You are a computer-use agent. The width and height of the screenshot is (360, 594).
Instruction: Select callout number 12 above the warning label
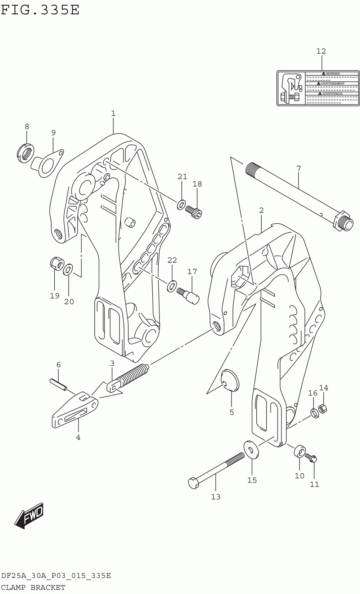click(x=321, y=51)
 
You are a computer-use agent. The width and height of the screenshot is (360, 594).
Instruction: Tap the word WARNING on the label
click(x=332, y=73)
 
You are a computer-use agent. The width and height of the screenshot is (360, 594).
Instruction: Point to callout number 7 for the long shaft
click(x=298, y=168)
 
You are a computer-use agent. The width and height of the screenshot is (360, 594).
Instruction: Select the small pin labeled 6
click(x=58, y=384)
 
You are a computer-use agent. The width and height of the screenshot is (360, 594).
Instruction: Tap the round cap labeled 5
click(x=230, y=380)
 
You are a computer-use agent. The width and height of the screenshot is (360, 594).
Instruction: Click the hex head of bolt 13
click(x=193, y=482)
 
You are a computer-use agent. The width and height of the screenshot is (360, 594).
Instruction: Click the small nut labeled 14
click(x=323, y=408)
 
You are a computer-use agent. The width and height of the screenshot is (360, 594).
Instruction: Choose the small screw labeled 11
click(x=311, y=458)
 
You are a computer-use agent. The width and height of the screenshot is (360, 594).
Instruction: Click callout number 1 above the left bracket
click(x=113, y=113)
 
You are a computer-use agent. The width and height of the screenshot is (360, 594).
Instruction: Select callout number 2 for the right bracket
click(x=261, y=210)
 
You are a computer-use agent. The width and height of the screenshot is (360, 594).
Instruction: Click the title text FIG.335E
click(x=40, y=10)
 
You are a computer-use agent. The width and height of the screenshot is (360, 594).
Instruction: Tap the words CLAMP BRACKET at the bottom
click(x=33, y=587)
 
